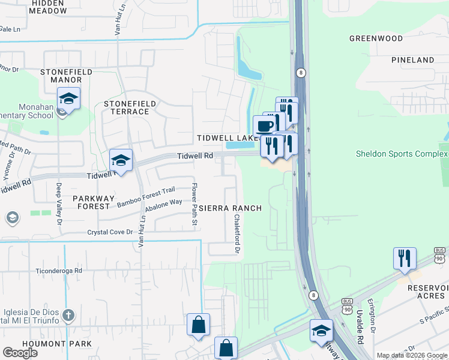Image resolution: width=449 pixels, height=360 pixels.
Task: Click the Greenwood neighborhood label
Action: [x=376, y=38]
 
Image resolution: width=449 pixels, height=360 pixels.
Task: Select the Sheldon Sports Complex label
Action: [x=402, y=154]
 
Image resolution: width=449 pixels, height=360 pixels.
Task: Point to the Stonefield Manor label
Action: [x=66, y=76]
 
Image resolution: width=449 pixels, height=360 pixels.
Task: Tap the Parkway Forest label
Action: [x=91, y=202]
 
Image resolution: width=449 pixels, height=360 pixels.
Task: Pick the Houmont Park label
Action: [x=48, y=344]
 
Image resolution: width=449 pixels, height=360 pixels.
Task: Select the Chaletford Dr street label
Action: [x=237, y=233]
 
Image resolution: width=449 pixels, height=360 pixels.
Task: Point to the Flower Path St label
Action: [x=194, y=204]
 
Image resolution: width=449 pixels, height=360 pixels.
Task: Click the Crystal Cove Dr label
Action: [x=110, y=232]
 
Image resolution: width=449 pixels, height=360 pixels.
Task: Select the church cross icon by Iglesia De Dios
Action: [x=68, y=315]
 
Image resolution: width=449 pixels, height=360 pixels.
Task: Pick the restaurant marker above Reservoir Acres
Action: [x=405, y=258]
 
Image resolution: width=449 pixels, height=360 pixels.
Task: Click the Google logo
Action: [x=20, y=353]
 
